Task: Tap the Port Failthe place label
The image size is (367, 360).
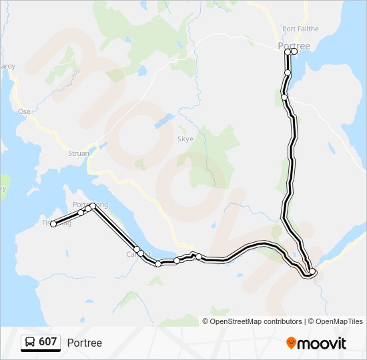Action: [x=300, y=29]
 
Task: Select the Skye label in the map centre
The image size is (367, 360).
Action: [x=185, y=139]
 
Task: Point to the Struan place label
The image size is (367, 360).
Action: [x=79, y=153]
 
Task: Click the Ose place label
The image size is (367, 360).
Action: [x=25, y=111]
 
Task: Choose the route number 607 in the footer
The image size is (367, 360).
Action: [x=47, y=342]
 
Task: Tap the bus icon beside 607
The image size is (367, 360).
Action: [x=30, y=343]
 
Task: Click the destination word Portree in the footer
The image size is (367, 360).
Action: [x=85, y=343]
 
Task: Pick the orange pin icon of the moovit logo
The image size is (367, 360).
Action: [x=291, y=343]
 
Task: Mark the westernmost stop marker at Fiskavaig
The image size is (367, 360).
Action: [x=53, y=224]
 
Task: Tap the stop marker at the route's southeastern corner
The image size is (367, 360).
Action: [x=312, y=271]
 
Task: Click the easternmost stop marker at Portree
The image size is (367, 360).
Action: [x=294, y=51]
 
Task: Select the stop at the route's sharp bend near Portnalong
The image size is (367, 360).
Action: [x=93, y=207]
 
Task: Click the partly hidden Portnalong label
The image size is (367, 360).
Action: [x=89, y=204]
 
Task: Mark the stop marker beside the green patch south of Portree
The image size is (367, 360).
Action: [x=284, y=97]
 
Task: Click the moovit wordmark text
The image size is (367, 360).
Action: [x=322, y=343]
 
